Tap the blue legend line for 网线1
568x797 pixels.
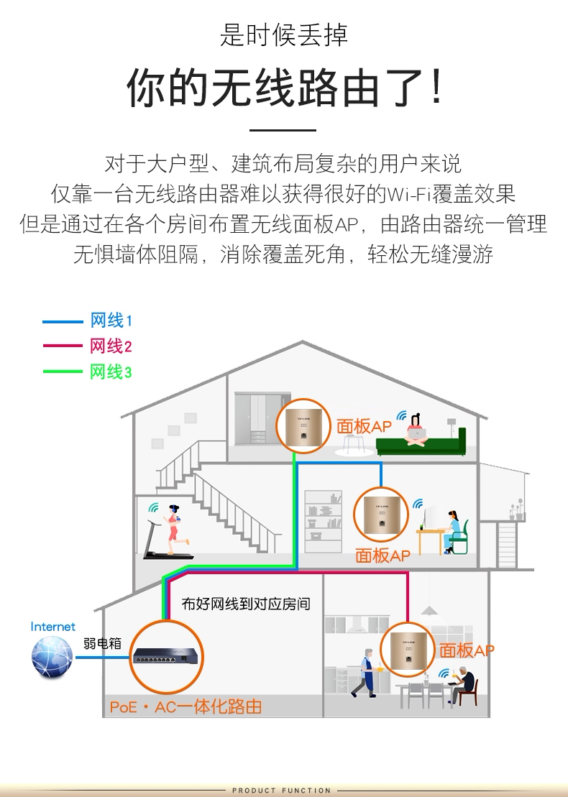click(x=63, y=321)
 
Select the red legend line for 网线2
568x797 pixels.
click(x=63, y=346)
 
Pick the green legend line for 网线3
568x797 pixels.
click(x=63, y=372)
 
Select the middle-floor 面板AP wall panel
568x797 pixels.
click(x=380, y=514)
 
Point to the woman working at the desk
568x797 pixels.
click(x=452, y=530)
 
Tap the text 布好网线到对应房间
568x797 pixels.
click(x=246, y=604)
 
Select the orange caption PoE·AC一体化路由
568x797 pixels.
click(x=185, y=707)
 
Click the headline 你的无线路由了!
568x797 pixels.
click(x=284, y=89)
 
